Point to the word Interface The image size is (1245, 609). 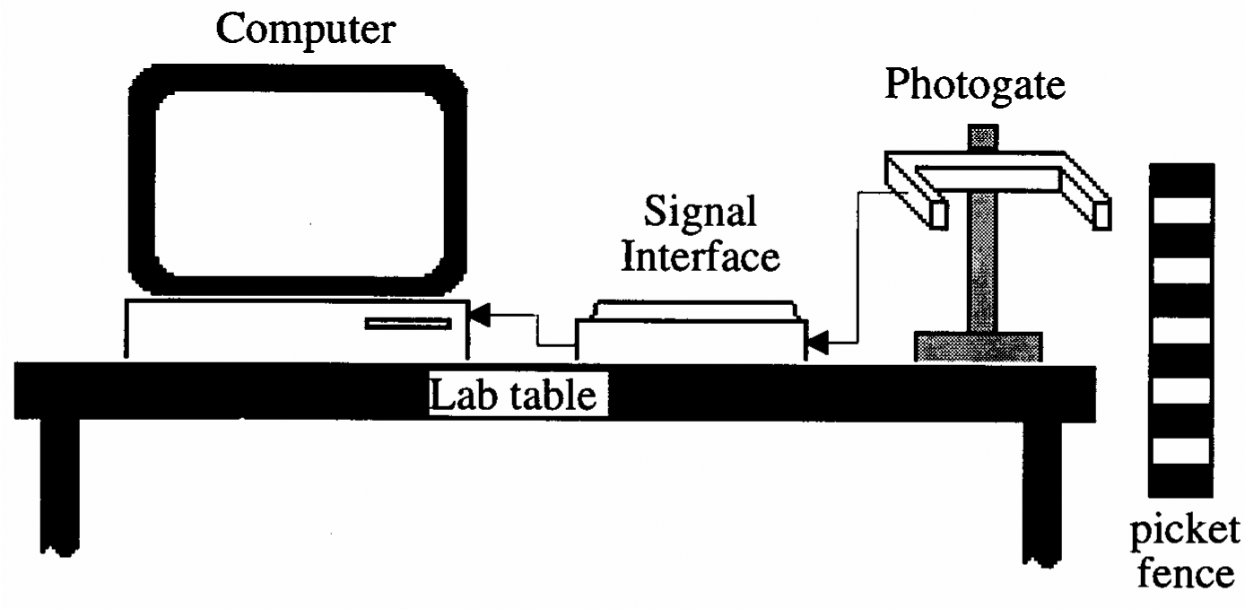(x=701, y=258)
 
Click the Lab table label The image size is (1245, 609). (x=513, y=394)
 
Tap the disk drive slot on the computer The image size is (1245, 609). (x=407, y=323)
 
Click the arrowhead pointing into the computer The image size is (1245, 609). (x=481, y=315)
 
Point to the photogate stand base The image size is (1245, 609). (x=978, y=346)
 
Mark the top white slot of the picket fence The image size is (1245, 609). (x=1181, y=212)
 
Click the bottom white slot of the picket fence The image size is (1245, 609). (x=1181, y=451)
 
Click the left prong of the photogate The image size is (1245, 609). (x=938, y=213)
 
